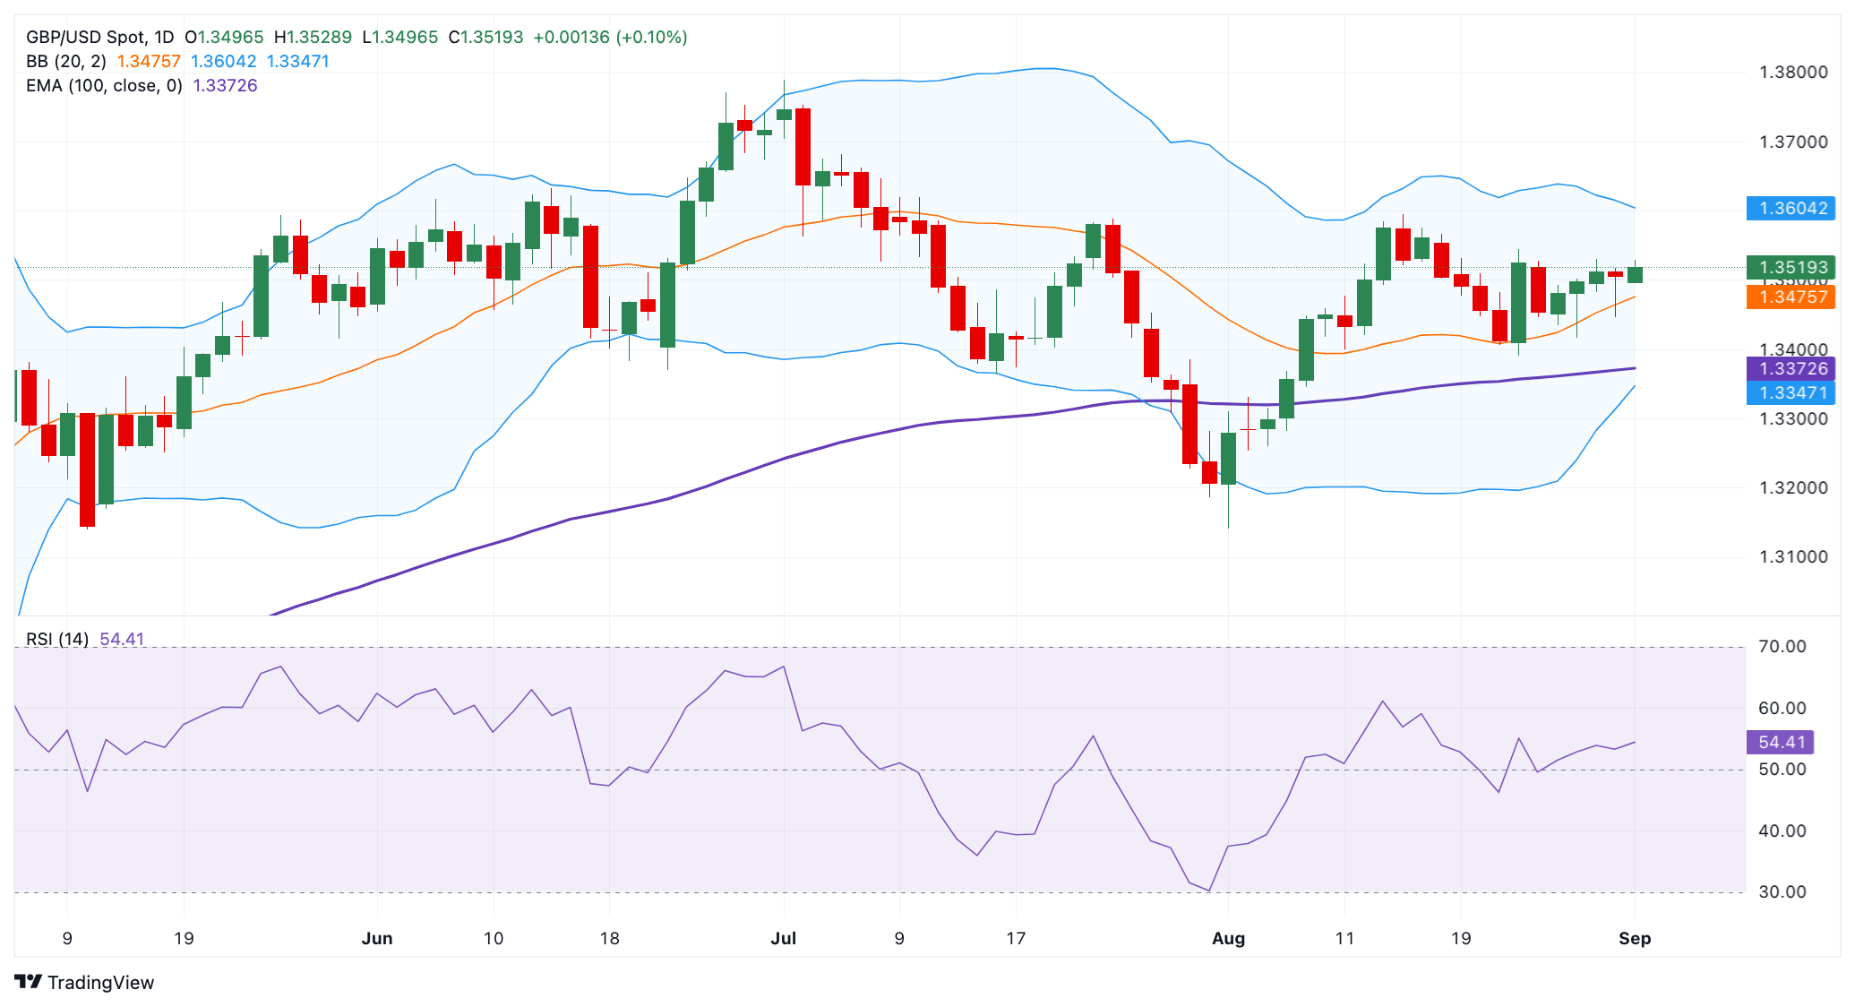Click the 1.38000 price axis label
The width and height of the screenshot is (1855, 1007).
(x=1793, y=73)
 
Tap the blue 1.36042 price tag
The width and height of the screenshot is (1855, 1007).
(x=1791, y=209)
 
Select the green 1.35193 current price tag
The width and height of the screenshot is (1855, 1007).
(x=1791, y=267)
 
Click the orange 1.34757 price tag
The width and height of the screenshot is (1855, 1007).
(x=1791, y=297)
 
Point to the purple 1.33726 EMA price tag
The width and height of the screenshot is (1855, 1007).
(x=1791, y=368)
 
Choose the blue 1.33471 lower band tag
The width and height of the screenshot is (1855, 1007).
(x=1791, y=392)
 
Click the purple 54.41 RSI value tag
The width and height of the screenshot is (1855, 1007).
(x=1781, y=742)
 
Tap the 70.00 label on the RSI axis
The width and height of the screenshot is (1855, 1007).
(x=1782, y=646)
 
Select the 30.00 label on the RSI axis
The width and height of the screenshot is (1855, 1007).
(x=1782, y=891)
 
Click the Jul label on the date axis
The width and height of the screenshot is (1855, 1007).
(x=783, y=938)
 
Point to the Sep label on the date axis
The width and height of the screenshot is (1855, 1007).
(x=1635, y=938)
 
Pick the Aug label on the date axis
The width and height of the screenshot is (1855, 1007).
(x=1228, y=938)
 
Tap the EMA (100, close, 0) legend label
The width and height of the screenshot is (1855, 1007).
(x=104, y=85)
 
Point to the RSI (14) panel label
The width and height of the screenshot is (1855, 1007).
(x=57, y=639)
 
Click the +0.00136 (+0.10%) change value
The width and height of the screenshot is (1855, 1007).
(x=610, y=37)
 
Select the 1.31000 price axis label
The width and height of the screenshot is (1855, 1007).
(x=1793, y=556)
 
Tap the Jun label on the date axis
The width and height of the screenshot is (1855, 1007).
(x=377, y=938)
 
